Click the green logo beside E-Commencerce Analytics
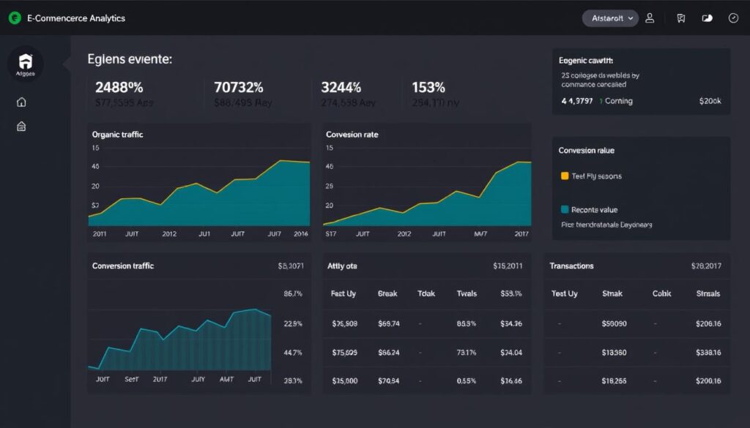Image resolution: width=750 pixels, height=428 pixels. pos(15,18)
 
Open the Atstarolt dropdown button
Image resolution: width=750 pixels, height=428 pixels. pos(610,18)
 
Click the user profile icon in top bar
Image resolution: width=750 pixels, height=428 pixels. pos(650,18)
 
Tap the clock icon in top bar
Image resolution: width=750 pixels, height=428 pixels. pos(733,18)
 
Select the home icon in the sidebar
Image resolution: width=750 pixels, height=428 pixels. pos(21,102)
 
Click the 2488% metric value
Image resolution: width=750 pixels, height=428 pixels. pos(119,87)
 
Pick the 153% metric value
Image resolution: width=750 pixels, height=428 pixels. pos(428,87)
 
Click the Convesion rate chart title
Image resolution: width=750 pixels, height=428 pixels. pos(352,135)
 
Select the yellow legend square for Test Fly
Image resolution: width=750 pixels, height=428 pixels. pos(564,176)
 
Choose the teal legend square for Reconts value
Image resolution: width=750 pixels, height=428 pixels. pos(564,209)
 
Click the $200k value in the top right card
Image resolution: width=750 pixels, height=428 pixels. pos(710,101)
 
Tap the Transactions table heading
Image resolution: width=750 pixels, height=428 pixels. pos(571,266)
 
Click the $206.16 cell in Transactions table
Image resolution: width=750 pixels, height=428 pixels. pos(708,323)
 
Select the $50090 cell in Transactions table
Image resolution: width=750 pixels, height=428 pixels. pos(613,323)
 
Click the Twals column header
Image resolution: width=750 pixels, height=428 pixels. pos(467,293)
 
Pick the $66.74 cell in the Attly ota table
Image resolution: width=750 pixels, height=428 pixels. pos(388,323)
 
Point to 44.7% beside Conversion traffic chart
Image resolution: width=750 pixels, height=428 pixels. pos(292,352)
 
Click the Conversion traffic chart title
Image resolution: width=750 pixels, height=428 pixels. pos(123,266)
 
